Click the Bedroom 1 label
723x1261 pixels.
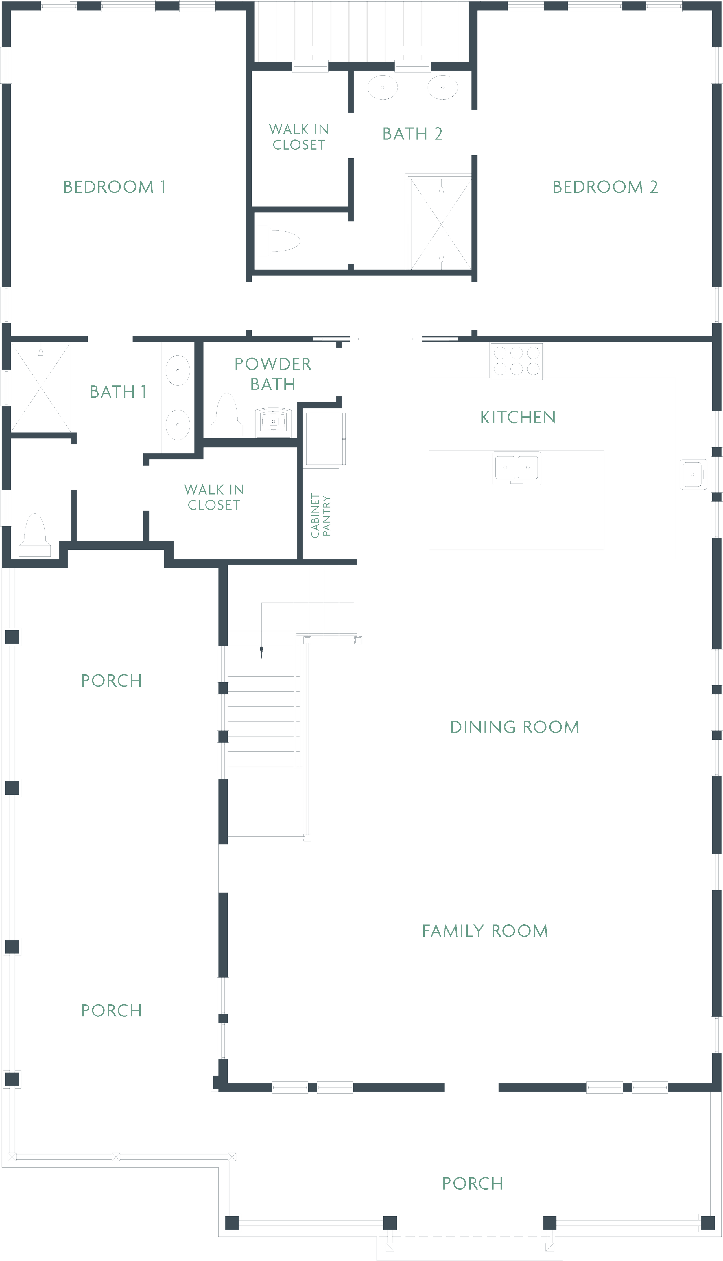point(114,187)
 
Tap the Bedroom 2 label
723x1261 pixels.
point(605,187)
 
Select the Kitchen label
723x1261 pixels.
point(517,417)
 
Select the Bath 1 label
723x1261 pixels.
point(118,392)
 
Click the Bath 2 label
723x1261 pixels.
point(412,134)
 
